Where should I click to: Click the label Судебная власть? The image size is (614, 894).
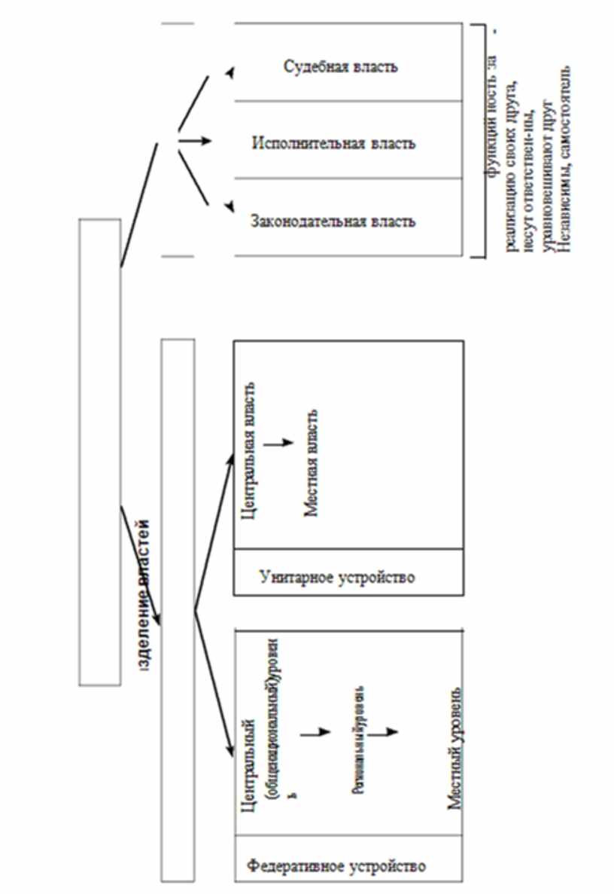pos(341,66)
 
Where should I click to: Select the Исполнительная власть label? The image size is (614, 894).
pos(333,143)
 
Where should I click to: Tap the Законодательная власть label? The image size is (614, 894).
pos(333,222)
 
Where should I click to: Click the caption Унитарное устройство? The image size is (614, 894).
pos(337,578)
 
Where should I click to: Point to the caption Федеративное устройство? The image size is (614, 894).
pos(336,865)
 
